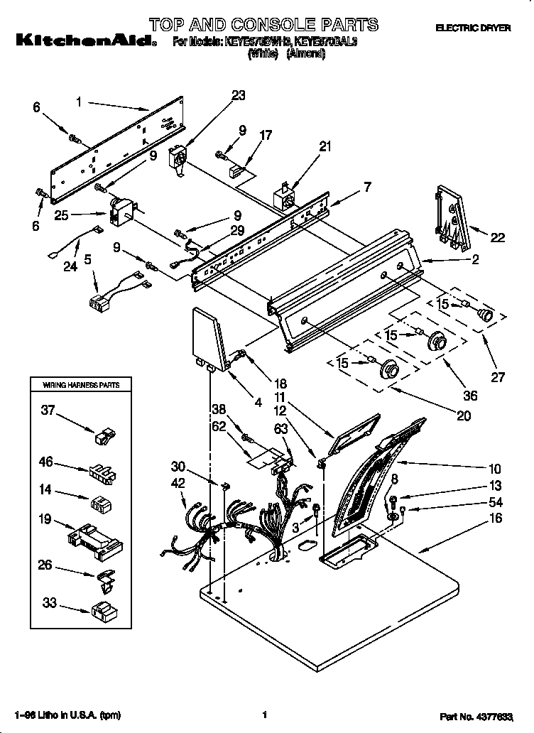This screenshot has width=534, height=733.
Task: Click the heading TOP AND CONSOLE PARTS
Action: pyautogui.click(x=263, y=25)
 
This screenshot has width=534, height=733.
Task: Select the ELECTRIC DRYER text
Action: pyautogui.click(x=473, y=28)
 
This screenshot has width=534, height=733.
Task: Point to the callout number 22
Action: pyautogui.click(x=498, y=238)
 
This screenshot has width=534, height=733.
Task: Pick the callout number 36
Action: pyautogui.click(x=469, y=396)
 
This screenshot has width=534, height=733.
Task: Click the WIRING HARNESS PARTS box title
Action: pyautogui.click(x=81, y=385)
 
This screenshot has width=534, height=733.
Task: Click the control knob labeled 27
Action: pyautogui.click(x=485, y=315)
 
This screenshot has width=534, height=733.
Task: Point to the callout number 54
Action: pyautogui.click(x=495, y=502)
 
